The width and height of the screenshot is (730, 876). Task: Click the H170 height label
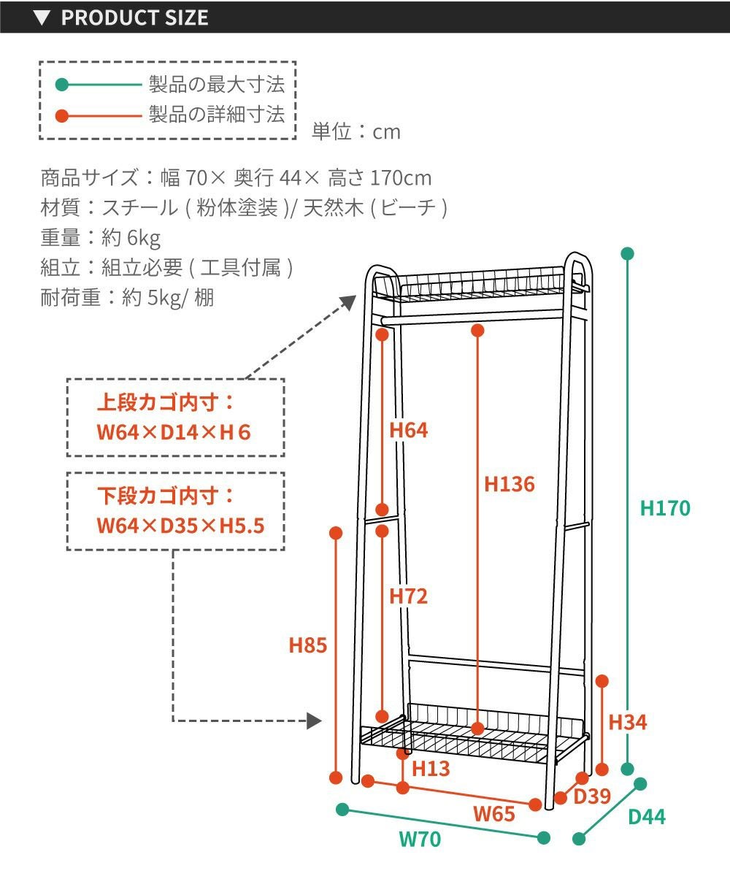664,508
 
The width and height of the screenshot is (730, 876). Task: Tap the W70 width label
420,839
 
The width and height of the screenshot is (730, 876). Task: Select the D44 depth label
647,816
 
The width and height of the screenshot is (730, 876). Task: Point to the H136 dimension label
510,484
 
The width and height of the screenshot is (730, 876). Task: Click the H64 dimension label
408,430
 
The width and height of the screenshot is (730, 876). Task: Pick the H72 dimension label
408,596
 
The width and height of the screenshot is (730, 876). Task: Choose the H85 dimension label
307,645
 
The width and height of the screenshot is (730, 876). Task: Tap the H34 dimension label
628,723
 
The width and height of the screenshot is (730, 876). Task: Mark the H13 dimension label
431,768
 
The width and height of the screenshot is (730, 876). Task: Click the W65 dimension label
494,813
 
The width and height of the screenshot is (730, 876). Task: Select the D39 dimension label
591,796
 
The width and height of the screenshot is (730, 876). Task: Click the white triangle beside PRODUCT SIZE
42,18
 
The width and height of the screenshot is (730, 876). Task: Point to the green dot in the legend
62,85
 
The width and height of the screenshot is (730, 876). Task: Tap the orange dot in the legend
62,115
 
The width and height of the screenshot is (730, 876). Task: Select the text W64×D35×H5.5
180,524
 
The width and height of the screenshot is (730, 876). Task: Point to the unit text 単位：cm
356,131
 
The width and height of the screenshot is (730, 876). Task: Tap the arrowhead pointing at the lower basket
315,721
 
